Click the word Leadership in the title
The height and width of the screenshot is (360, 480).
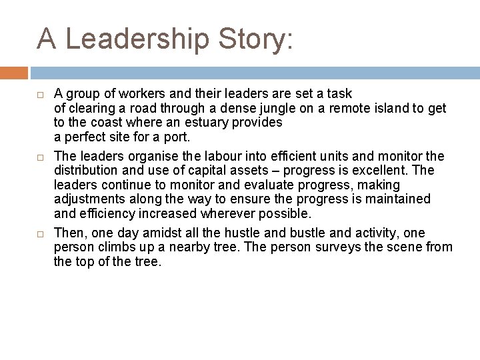point(137,39)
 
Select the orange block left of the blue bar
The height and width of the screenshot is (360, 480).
point(14,73)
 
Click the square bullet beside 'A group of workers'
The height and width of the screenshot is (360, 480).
point(41,95)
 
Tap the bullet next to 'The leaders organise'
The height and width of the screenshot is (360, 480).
point(41,156)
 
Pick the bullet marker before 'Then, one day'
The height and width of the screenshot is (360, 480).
point(41,233)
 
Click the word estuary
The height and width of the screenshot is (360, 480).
point(208,123)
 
